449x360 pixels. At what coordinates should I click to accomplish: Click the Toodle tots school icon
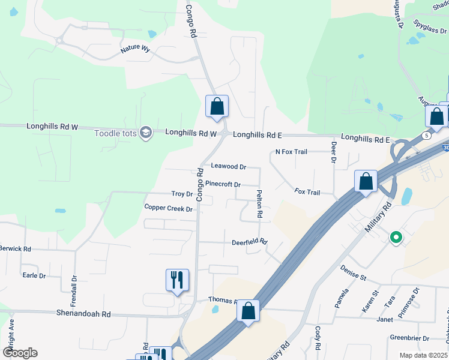click(x=145, y=133)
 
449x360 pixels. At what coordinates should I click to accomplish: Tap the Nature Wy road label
click(x=135, y=49)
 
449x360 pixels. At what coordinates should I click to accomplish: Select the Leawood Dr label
click(x=229, y=166)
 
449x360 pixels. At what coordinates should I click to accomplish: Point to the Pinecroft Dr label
click(x=223, y=184)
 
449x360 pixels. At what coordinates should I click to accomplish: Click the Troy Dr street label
click(x=182, y=194)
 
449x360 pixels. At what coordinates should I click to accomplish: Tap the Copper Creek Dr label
click(x=168, y=208)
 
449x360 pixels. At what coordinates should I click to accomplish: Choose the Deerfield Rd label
click(x=249, y=242)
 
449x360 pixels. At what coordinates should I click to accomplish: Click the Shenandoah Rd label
click(x=84, y=314)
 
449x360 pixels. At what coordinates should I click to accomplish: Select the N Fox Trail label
click(x=291, y=152)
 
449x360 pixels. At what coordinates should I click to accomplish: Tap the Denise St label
click(x=353, y=273)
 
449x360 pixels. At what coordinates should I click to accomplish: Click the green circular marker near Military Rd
click(x=396, y=238)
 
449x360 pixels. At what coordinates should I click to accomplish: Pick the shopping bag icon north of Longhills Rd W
click(x=217, y=106)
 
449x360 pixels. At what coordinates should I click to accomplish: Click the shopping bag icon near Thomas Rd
click(x=248, y=311)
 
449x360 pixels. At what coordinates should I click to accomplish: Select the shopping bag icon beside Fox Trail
click(x=366, y=181)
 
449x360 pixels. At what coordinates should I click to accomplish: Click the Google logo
click(x=20, y=353)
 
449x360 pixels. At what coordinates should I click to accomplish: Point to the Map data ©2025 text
click(x=423, y=355)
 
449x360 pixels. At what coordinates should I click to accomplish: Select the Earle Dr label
click(x=34, y=275)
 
